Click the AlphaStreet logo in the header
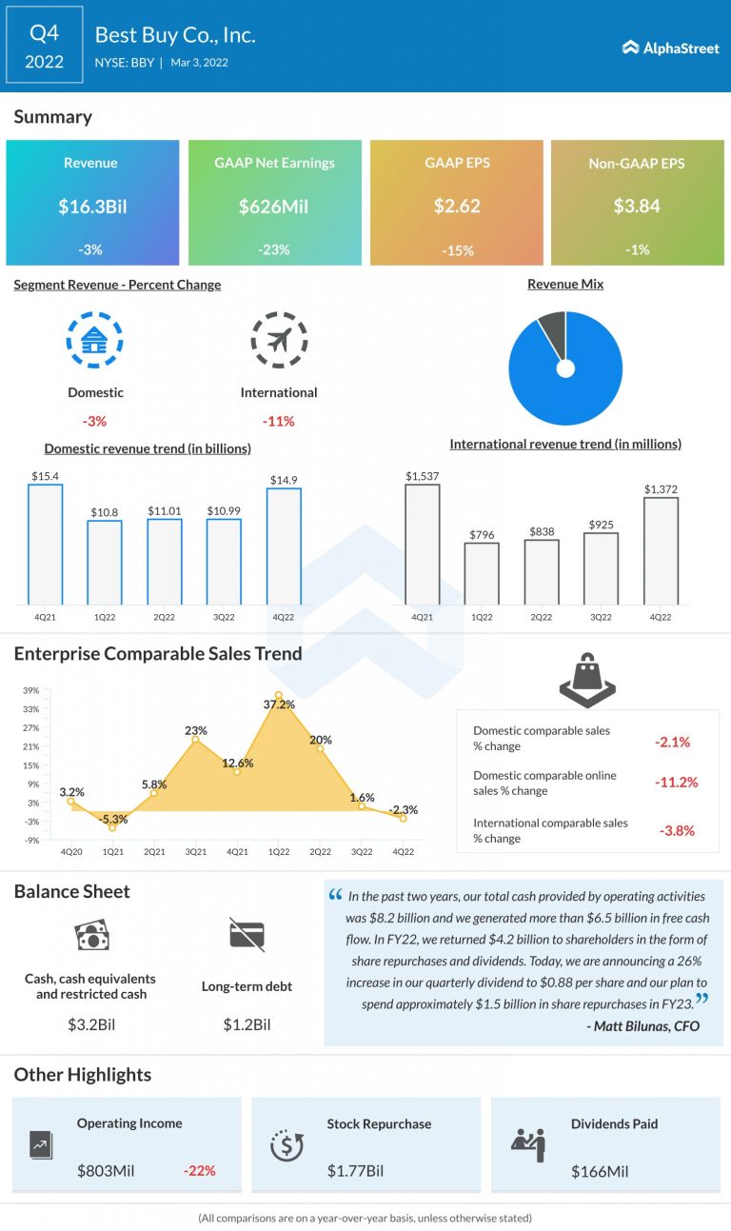tap(670, 48)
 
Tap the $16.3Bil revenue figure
tap(91, 206)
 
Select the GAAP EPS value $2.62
tap(457, 206)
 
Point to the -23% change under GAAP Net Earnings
tap(274, 249)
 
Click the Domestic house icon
tap(94, 340)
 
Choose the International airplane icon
tap(279, 340)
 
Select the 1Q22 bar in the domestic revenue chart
tap(105, 562)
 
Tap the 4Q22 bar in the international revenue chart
tap(661, 550)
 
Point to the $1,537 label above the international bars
tap(422, 475)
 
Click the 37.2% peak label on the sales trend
tap(278, 705)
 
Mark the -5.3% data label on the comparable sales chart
tap(112, 819)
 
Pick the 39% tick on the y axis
tap(31, 690)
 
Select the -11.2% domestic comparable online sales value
tap(677, 783)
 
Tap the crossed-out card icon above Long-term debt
tap(247, 935)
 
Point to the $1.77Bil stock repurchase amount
tap(355, 1170)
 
